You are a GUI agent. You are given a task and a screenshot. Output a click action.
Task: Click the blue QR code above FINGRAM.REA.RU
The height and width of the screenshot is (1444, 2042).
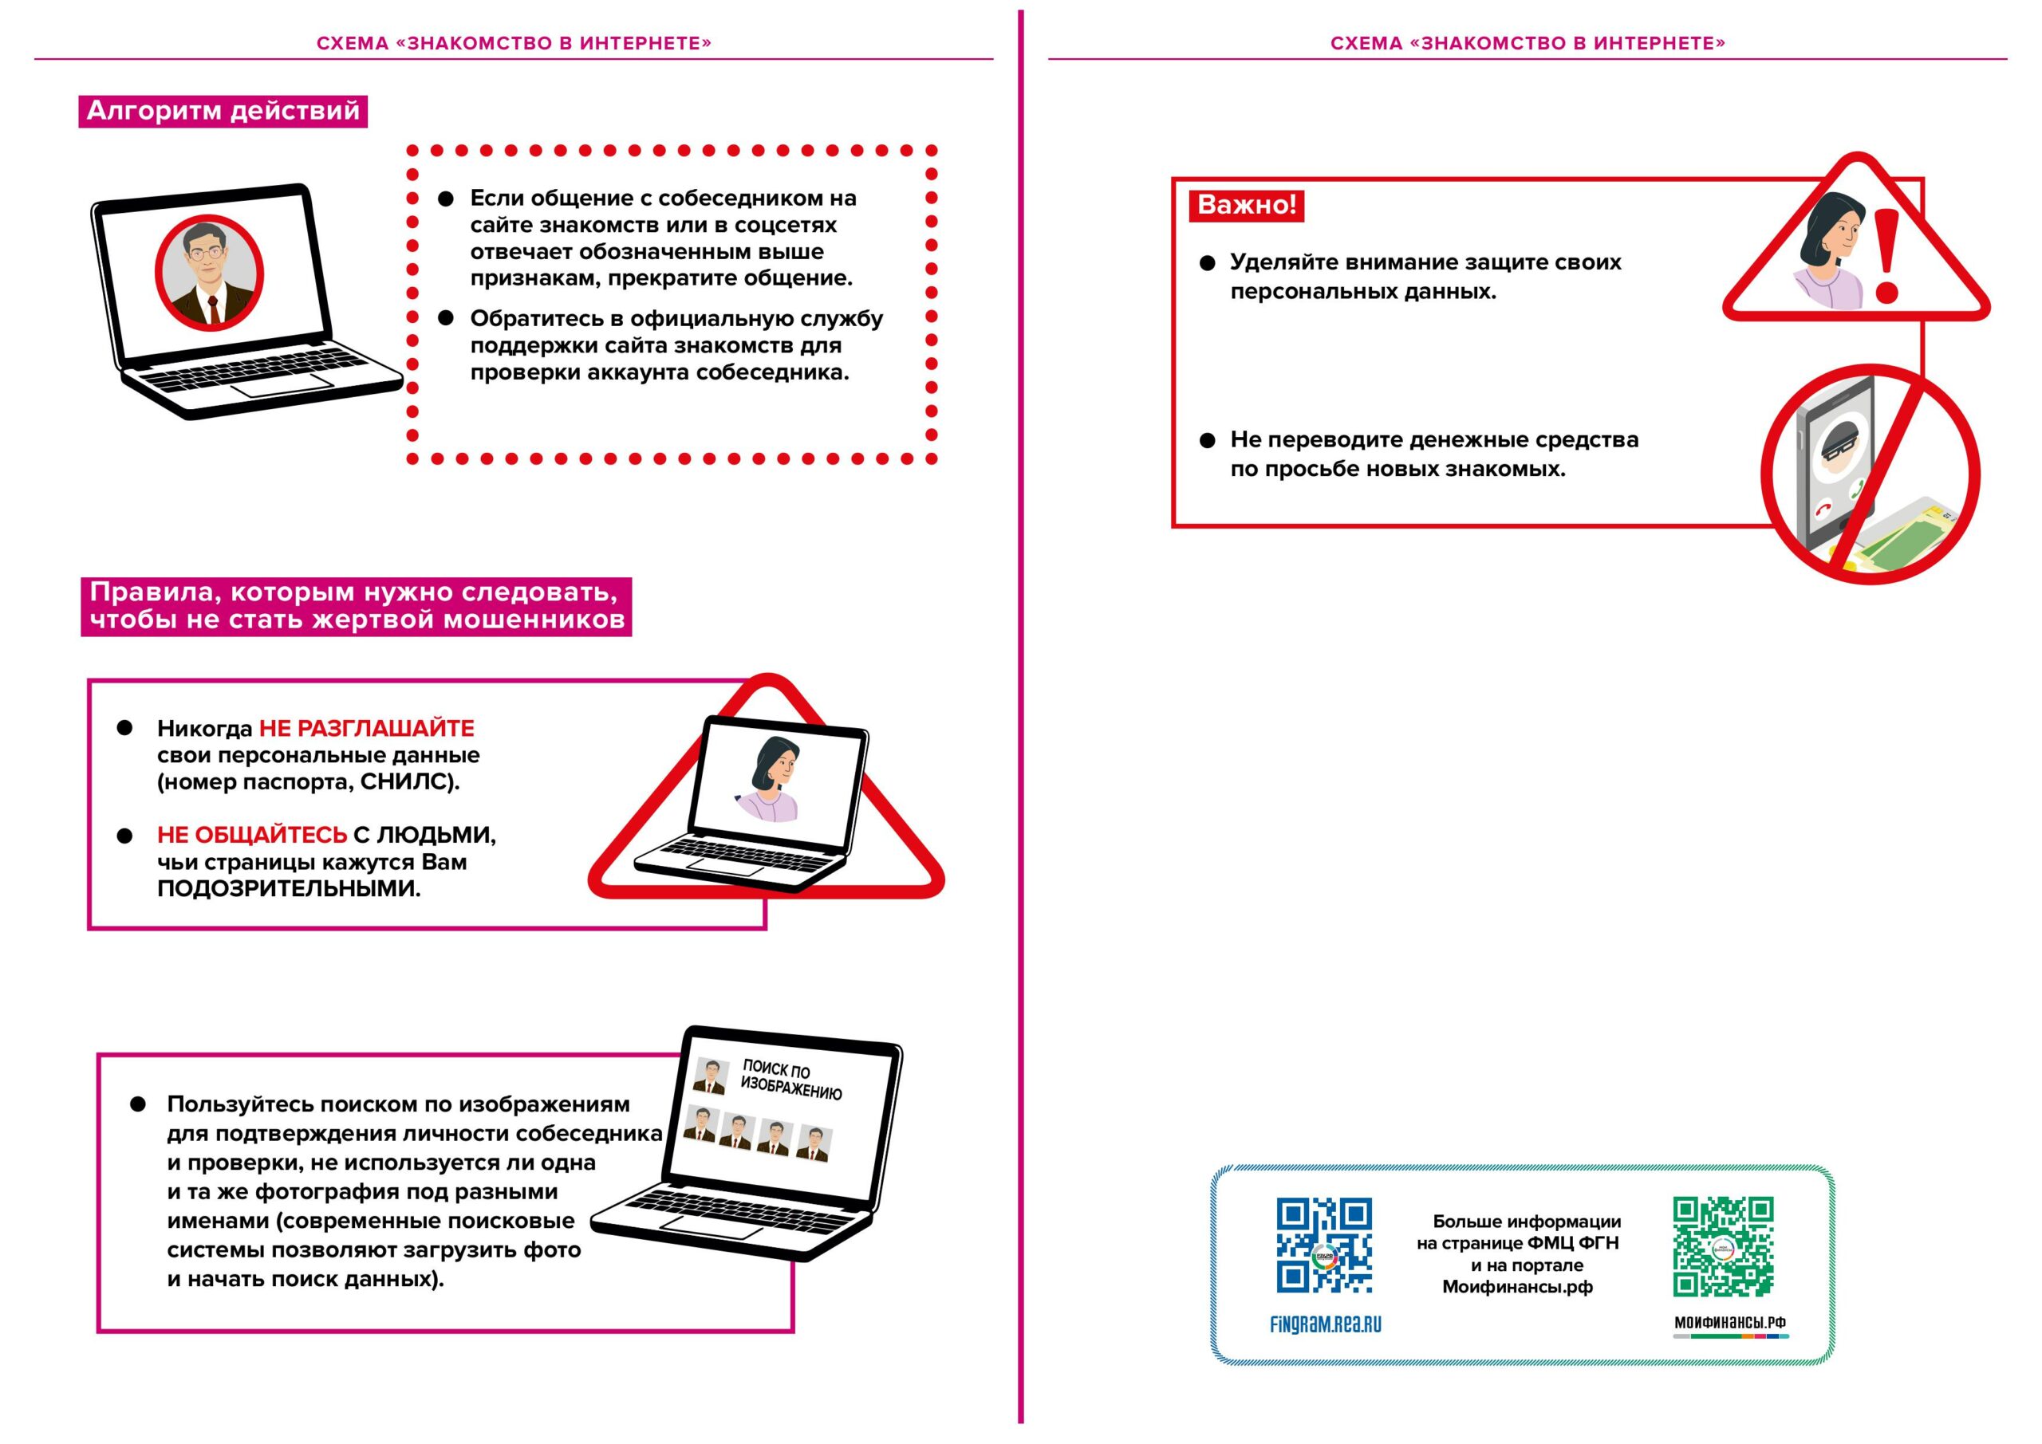point(1324,1245)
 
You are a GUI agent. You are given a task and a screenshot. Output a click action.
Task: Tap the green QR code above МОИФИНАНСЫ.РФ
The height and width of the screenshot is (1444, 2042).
point(1723,1245)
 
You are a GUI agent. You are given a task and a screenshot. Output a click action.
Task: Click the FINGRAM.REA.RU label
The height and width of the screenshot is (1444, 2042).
point(1325,1325)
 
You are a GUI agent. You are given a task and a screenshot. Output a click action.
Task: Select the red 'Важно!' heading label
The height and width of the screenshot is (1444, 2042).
point(1246,204)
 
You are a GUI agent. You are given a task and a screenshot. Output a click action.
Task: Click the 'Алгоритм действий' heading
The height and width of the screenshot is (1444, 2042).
point(223,111)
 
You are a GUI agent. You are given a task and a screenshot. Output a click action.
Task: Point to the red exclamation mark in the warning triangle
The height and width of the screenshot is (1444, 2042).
point(1886,257)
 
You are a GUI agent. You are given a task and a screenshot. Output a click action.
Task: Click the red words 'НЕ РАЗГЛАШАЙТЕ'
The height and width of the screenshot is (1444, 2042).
point(366,728)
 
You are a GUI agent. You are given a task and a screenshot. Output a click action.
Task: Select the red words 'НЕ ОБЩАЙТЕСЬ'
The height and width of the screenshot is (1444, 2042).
point(252,835)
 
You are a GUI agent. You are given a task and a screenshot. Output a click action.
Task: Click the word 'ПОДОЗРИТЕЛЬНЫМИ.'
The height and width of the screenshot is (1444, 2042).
point(289,888)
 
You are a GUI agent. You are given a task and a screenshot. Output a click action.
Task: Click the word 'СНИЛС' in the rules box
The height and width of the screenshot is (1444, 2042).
point(408,782)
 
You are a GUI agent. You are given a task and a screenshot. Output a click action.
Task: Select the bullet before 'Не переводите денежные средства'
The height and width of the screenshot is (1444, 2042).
point(1207,440)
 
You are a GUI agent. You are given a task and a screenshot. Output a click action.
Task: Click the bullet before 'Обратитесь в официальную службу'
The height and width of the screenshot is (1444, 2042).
point(447,318)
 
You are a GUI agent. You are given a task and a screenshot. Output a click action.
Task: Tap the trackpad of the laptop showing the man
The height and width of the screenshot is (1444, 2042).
point(281,385)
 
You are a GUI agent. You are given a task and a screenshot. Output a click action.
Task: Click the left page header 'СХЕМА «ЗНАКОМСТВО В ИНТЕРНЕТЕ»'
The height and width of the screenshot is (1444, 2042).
point(514,43)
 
